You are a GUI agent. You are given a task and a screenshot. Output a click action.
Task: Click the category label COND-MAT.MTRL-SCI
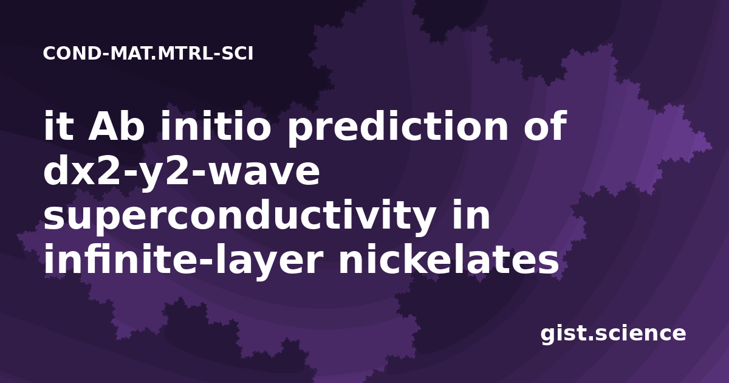click(148, 53)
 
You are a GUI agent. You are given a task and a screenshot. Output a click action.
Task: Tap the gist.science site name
click(613, 334)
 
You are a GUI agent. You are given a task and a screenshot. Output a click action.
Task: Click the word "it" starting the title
click(58, 125)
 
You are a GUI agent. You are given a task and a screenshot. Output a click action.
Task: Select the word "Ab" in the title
click(116, 125)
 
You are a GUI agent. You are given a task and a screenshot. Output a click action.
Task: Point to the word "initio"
click(215, 125)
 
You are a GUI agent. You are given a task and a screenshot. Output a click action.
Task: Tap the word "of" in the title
click(546, 125)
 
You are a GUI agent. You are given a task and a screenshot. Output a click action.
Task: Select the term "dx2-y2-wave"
click(182, 173)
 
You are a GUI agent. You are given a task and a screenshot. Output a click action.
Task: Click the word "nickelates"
click(449, 258)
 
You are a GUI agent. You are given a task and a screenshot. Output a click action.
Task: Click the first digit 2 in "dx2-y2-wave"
click(108, 170)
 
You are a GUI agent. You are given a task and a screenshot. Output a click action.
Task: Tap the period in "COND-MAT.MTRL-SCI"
click(153, 58)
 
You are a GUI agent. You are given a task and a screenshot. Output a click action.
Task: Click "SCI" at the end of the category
click(238, 53)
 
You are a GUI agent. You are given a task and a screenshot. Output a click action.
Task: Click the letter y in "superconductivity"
click(420, 221)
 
